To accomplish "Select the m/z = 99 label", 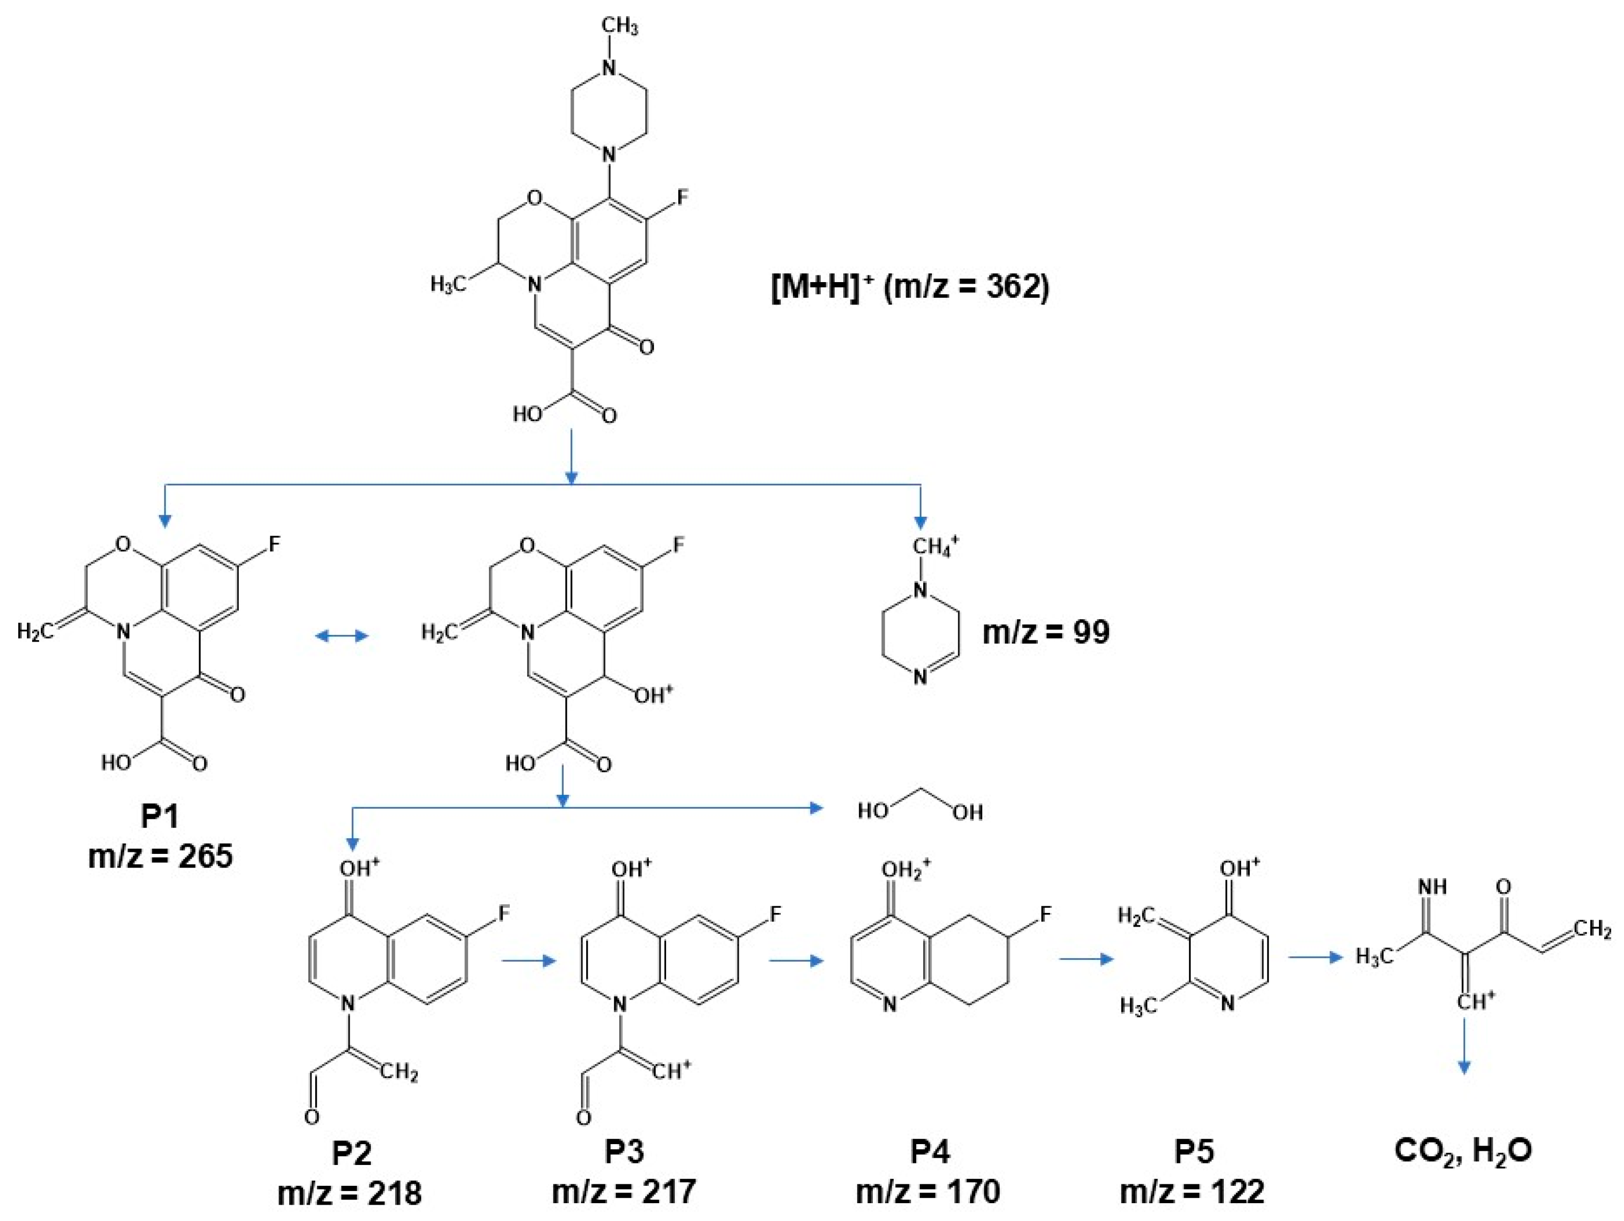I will (x=1045, y=632).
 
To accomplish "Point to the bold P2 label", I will (x=352, y=1153).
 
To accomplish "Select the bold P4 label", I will (x=930, y=1152).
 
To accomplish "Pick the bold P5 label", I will (x=1194, y=1152).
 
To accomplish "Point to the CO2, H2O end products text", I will (x=1463, y=1151).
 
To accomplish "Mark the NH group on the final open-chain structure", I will (x=1433, y=887).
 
